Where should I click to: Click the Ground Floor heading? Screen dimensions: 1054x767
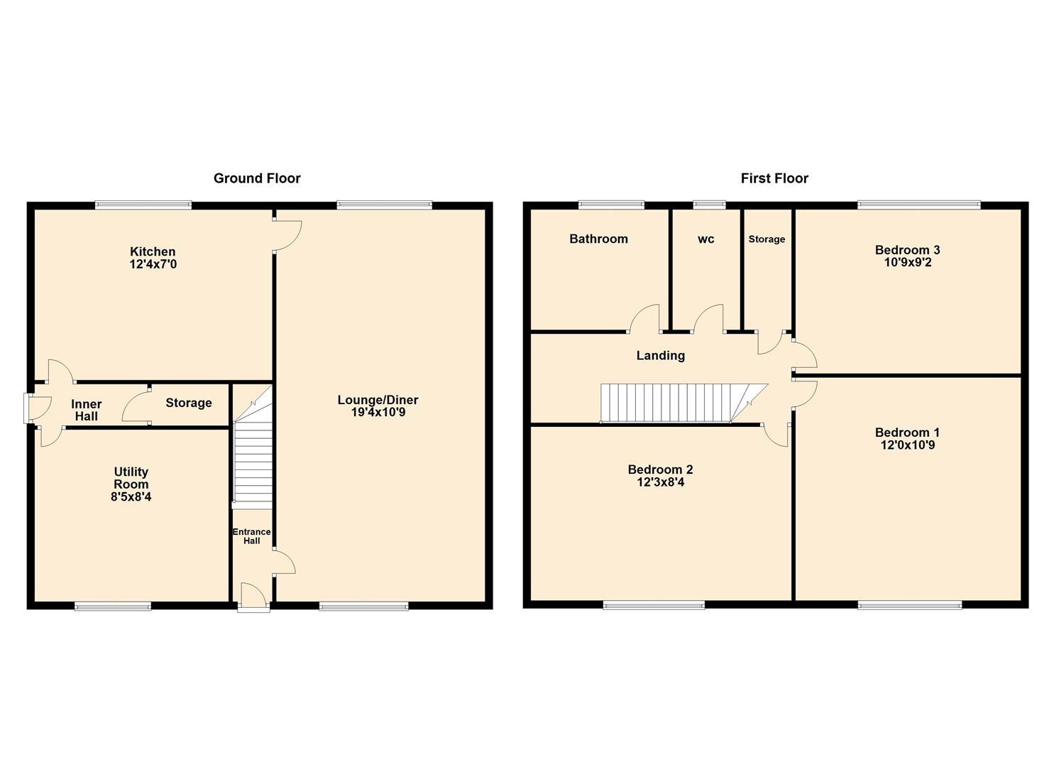[257, 178]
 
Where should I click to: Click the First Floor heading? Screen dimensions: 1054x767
[774, 178]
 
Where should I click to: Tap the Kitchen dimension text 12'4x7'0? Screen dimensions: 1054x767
[153, 264]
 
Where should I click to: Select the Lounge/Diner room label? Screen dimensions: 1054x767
[378, 401]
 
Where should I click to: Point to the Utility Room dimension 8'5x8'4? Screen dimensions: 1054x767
[131, 496]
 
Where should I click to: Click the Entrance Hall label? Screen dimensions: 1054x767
[252, 536]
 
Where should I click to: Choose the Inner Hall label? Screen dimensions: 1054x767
[87, 410]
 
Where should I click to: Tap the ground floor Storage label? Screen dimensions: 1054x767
[189, 403]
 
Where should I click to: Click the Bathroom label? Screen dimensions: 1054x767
[598, 239]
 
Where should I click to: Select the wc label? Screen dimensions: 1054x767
[706, 239]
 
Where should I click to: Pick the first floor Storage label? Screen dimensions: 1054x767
[767, 239]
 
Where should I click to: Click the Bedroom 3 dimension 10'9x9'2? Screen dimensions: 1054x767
[908, 262]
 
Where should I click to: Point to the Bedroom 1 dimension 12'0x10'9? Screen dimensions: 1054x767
[908, 445]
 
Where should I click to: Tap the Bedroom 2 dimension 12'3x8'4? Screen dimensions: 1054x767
[661, 482]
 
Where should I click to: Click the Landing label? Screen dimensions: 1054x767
[661, 356]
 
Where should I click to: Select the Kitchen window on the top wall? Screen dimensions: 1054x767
[143, 205]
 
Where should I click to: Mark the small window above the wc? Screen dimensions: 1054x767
[710, 205]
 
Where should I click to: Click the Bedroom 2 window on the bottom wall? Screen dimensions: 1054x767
[654, 606]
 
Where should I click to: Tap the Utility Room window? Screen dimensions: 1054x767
[113, 606]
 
